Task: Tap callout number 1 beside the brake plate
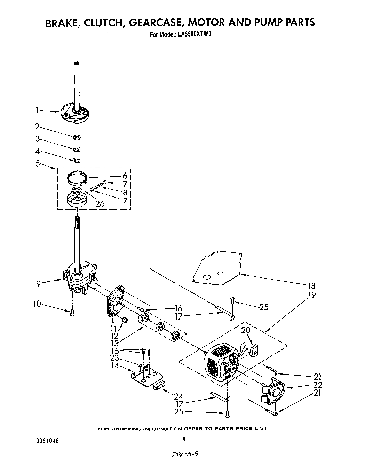[37, 111]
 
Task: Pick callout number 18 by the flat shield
[311, 286]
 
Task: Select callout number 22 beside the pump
[317, 385]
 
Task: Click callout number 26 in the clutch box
[100, 203]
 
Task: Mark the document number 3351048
[47, 441]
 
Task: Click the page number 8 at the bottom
[184, 439]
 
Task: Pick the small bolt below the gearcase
[72, 312]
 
